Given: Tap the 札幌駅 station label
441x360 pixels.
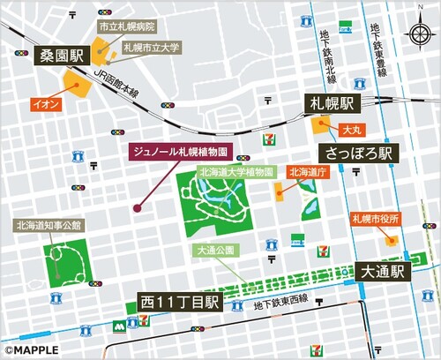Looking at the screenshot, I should [329, 102].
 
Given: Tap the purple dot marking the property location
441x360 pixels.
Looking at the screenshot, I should [137, 208].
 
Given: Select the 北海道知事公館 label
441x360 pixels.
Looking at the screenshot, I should [49, 225].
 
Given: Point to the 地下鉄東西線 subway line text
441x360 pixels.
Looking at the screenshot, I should [280, 304].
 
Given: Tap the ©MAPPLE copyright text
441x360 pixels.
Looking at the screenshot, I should [32, 349].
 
